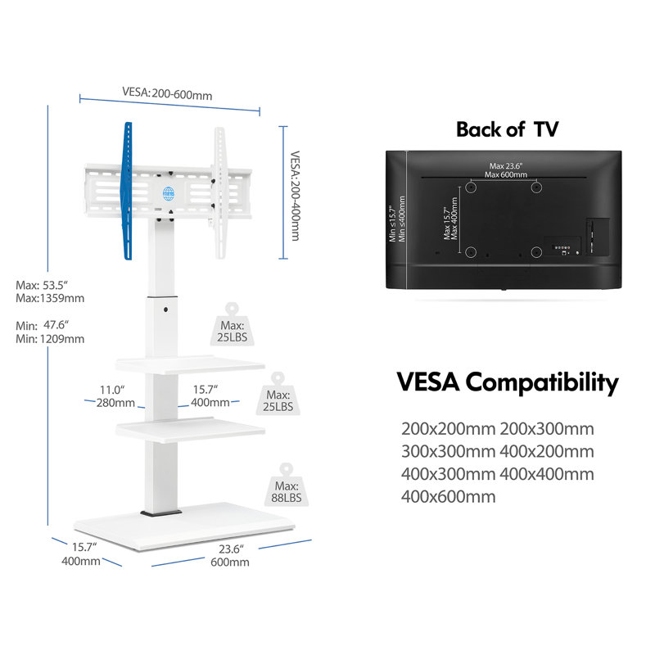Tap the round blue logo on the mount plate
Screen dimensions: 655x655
(169, 193)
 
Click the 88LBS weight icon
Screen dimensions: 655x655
(286, 486)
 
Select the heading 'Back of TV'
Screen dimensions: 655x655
(507, 129)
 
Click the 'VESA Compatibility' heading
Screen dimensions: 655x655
(507, 382)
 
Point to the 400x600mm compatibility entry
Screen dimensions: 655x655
(448, 497)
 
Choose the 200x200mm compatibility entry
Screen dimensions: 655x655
(448, 429)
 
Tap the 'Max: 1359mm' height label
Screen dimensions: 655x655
(50, 298)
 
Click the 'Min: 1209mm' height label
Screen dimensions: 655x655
(50, 339)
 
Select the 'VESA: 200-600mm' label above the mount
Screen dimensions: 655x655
(167, 93)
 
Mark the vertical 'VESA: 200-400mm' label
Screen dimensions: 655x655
(295, 196)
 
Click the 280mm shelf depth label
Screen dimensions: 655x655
(115, 403)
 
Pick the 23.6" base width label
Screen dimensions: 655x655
(231, 549)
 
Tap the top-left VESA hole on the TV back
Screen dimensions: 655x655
(471, 187)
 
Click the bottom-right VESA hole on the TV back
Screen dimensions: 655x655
(536, 252)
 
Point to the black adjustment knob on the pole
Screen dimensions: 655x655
(166, 309)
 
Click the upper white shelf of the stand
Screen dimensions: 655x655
(190, 364)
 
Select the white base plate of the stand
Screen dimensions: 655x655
(184, 526)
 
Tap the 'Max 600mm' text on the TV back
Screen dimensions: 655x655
(506, 174)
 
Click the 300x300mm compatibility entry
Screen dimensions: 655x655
(448, 452)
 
